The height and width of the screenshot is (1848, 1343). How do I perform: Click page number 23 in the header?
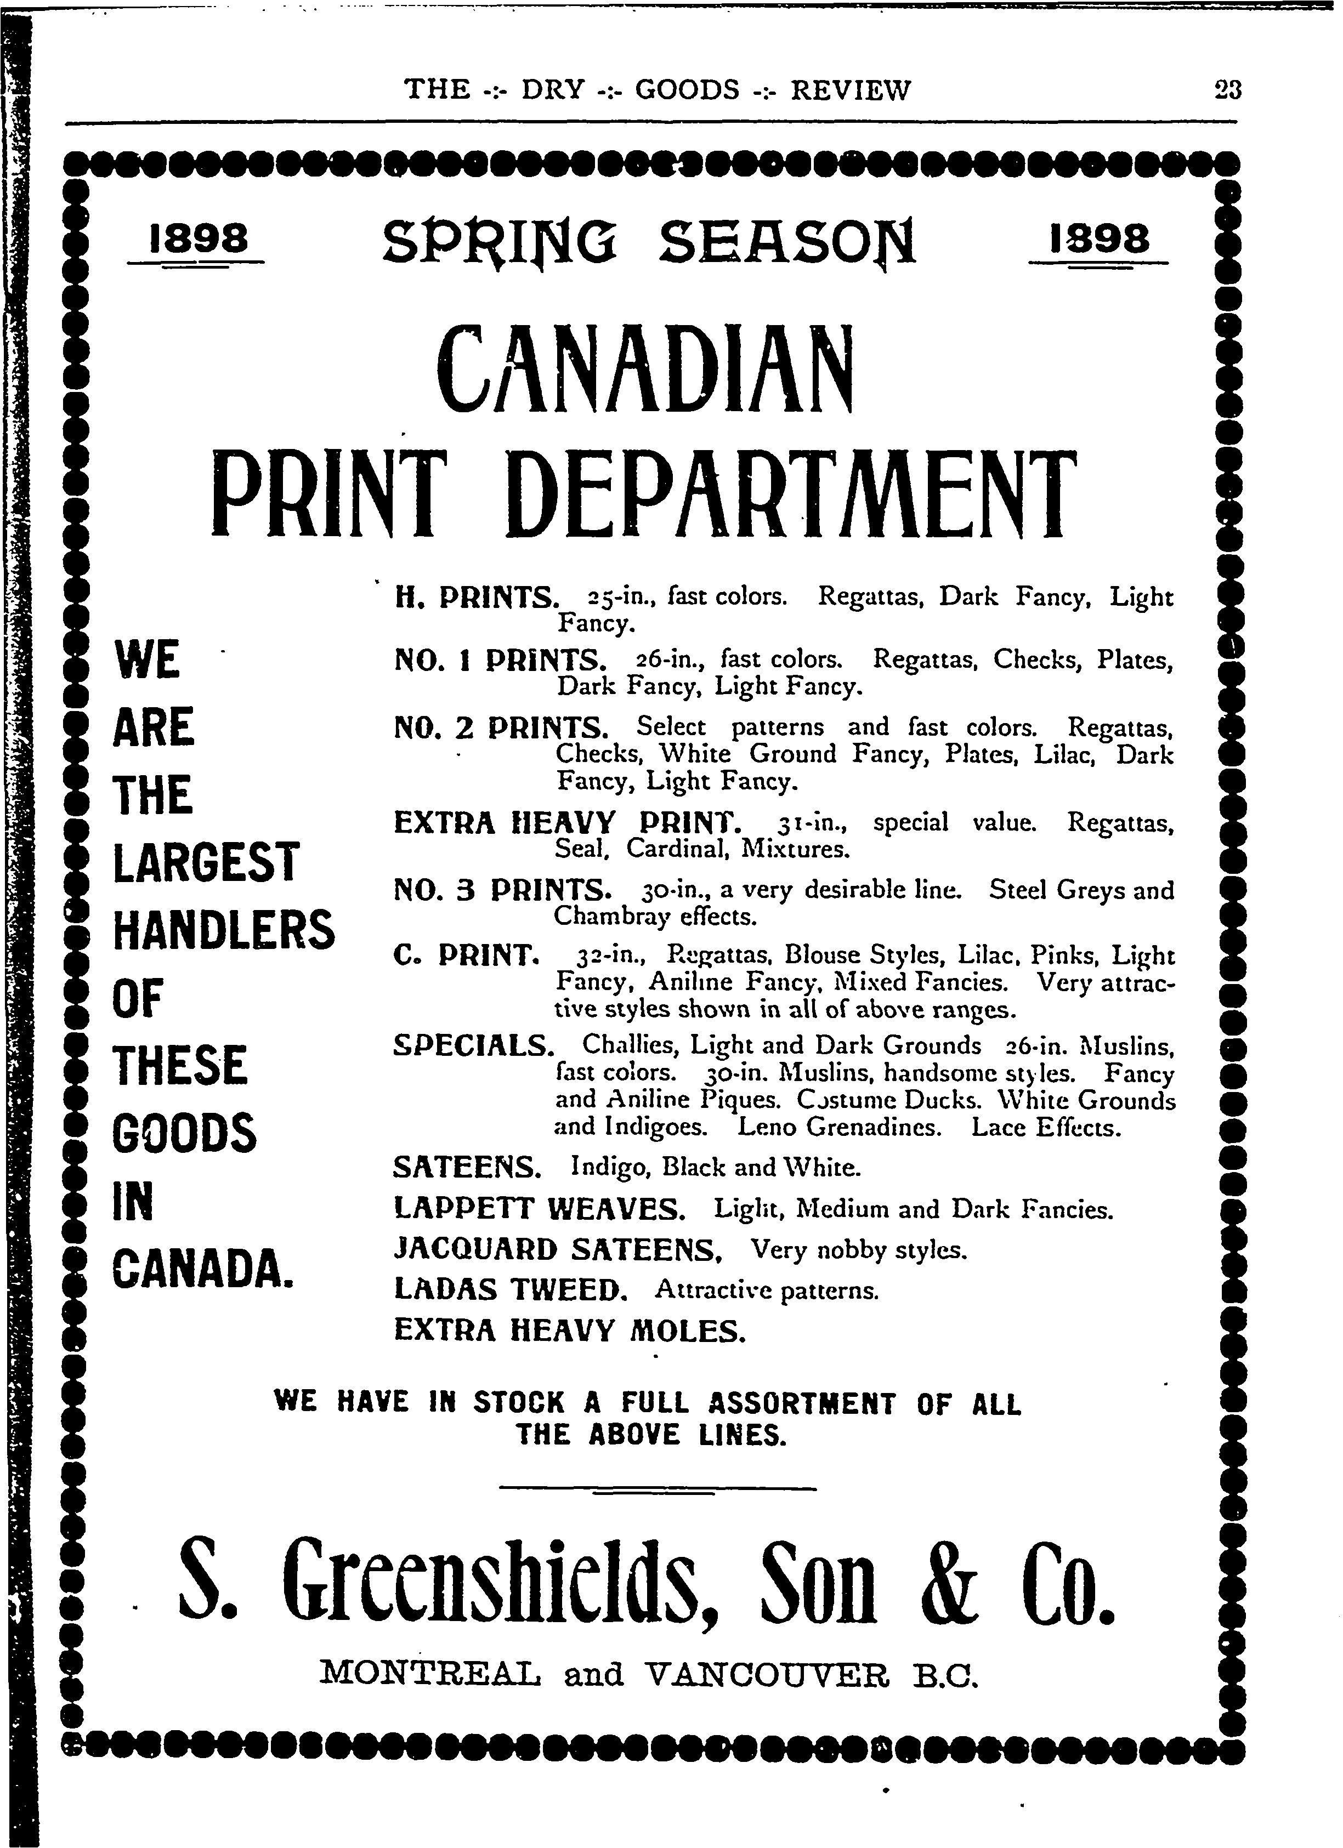[1226, 89]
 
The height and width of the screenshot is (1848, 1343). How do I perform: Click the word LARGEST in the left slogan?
[206, 862]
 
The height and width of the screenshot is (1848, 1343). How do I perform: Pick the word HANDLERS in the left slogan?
[223, 930]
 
